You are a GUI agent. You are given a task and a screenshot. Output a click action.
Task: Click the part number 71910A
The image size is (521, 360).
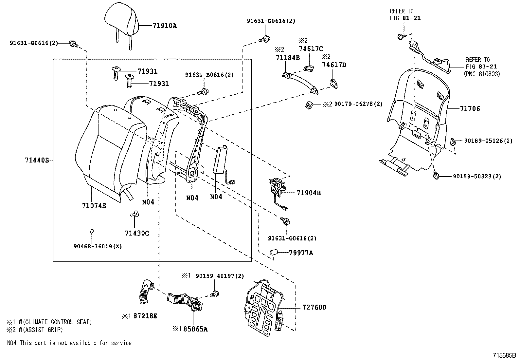164,25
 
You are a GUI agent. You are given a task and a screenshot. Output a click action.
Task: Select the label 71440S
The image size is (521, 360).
36,160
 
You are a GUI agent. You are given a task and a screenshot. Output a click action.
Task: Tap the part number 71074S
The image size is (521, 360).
94,205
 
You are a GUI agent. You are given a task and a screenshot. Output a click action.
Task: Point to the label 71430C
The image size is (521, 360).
137,233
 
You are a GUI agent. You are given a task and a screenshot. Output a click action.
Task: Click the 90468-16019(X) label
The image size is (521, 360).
98,246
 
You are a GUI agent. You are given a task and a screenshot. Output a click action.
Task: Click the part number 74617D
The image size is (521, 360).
334,65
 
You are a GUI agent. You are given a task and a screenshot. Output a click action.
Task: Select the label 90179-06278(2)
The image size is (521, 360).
358,104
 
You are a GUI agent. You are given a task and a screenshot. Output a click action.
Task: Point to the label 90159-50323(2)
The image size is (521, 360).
477,176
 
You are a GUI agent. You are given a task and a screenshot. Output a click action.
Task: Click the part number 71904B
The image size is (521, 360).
308,193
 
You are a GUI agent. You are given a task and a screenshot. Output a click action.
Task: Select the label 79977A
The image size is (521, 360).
301,253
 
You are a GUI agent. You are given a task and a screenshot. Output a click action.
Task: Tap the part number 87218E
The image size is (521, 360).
144,316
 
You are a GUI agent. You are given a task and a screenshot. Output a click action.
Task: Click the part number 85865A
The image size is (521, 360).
195,329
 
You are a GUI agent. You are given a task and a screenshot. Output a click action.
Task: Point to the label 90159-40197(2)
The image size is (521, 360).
220,276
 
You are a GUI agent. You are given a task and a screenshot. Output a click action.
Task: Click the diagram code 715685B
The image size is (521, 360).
504,355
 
